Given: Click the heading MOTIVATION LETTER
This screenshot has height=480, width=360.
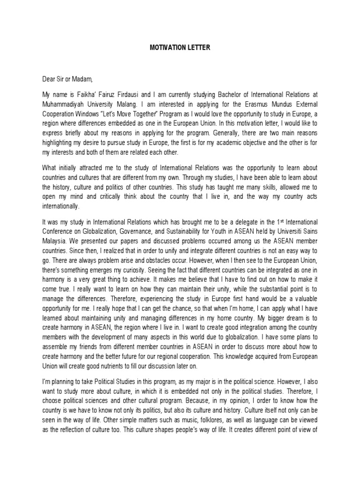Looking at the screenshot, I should point(180,48).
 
